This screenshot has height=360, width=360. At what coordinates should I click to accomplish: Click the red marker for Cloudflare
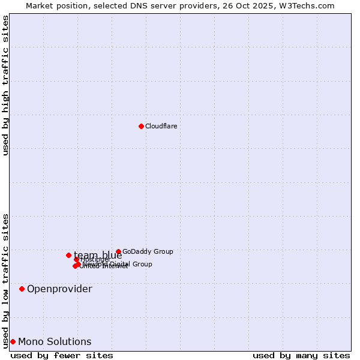[x=141, y=126]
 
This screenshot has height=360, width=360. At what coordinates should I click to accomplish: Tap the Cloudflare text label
[x=161, y=126]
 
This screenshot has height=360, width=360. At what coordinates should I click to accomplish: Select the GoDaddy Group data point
[x=118, y=251]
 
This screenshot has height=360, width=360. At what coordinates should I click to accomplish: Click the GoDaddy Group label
[x=148, y=251]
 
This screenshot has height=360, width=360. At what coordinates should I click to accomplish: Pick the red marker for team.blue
[x=68, y=255]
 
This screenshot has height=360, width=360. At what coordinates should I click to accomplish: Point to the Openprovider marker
[x=22, y=289]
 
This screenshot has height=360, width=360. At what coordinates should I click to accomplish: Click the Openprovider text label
[x=59, y=289]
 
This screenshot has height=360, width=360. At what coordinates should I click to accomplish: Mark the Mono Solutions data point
[x=13, y=341]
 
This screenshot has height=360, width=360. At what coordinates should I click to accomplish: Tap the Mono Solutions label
[x=55, y=342]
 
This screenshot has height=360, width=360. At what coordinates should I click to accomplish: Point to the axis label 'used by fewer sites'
[x=62, y=355]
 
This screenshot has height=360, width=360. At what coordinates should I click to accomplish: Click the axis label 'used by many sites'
[x=301, y=355]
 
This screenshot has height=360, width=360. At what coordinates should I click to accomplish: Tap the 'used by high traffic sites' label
[x=5, y=85]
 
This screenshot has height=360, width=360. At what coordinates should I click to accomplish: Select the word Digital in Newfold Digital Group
[x=118, y=264]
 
